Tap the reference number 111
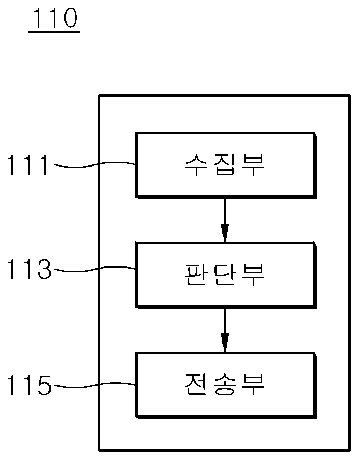tap(27, 165)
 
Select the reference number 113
tap(29, 269)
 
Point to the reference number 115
tap(29, 385)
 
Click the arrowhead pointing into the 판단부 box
tap(225, 233)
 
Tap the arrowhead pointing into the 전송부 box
tap(225, 343)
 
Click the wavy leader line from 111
tap(95, 164)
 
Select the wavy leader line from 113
tap(95, 269)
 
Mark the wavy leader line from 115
tap(95, 385)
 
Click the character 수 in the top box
tap(197, 164)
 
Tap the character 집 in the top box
tap(225, 164)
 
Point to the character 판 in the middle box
tap(197, 275)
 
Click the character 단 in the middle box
tap(225, 275)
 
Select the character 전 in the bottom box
tap(197, 385)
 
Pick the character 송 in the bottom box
tap(225, 385)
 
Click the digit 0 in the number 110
tap(69, 18)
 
